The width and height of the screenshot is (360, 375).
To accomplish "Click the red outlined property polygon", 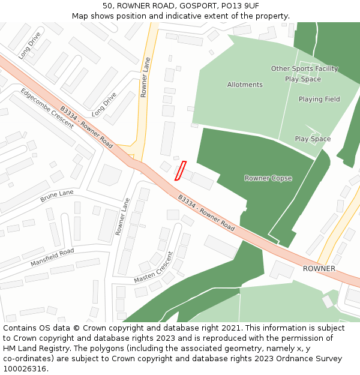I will [x=180, y=170].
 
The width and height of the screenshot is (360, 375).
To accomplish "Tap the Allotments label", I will [x=245, y=85].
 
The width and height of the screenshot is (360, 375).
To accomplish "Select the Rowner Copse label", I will [x=268, y=178].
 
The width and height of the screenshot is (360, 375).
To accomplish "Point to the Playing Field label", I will [x=319, y=99].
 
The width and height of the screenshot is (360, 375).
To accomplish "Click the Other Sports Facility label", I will [x=304, y=69].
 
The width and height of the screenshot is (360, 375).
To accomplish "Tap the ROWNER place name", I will [x=319, y=268].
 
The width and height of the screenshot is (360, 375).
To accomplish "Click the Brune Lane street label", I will [x=57, y=196].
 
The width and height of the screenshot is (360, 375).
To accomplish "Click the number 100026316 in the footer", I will [x=23, y=368].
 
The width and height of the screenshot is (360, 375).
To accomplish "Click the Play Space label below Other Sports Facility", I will [x=303, y=79].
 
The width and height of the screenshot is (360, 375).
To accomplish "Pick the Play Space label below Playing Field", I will [x=313, y=139].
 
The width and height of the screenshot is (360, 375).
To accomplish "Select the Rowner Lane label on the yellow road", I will [x=144, y=77].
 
